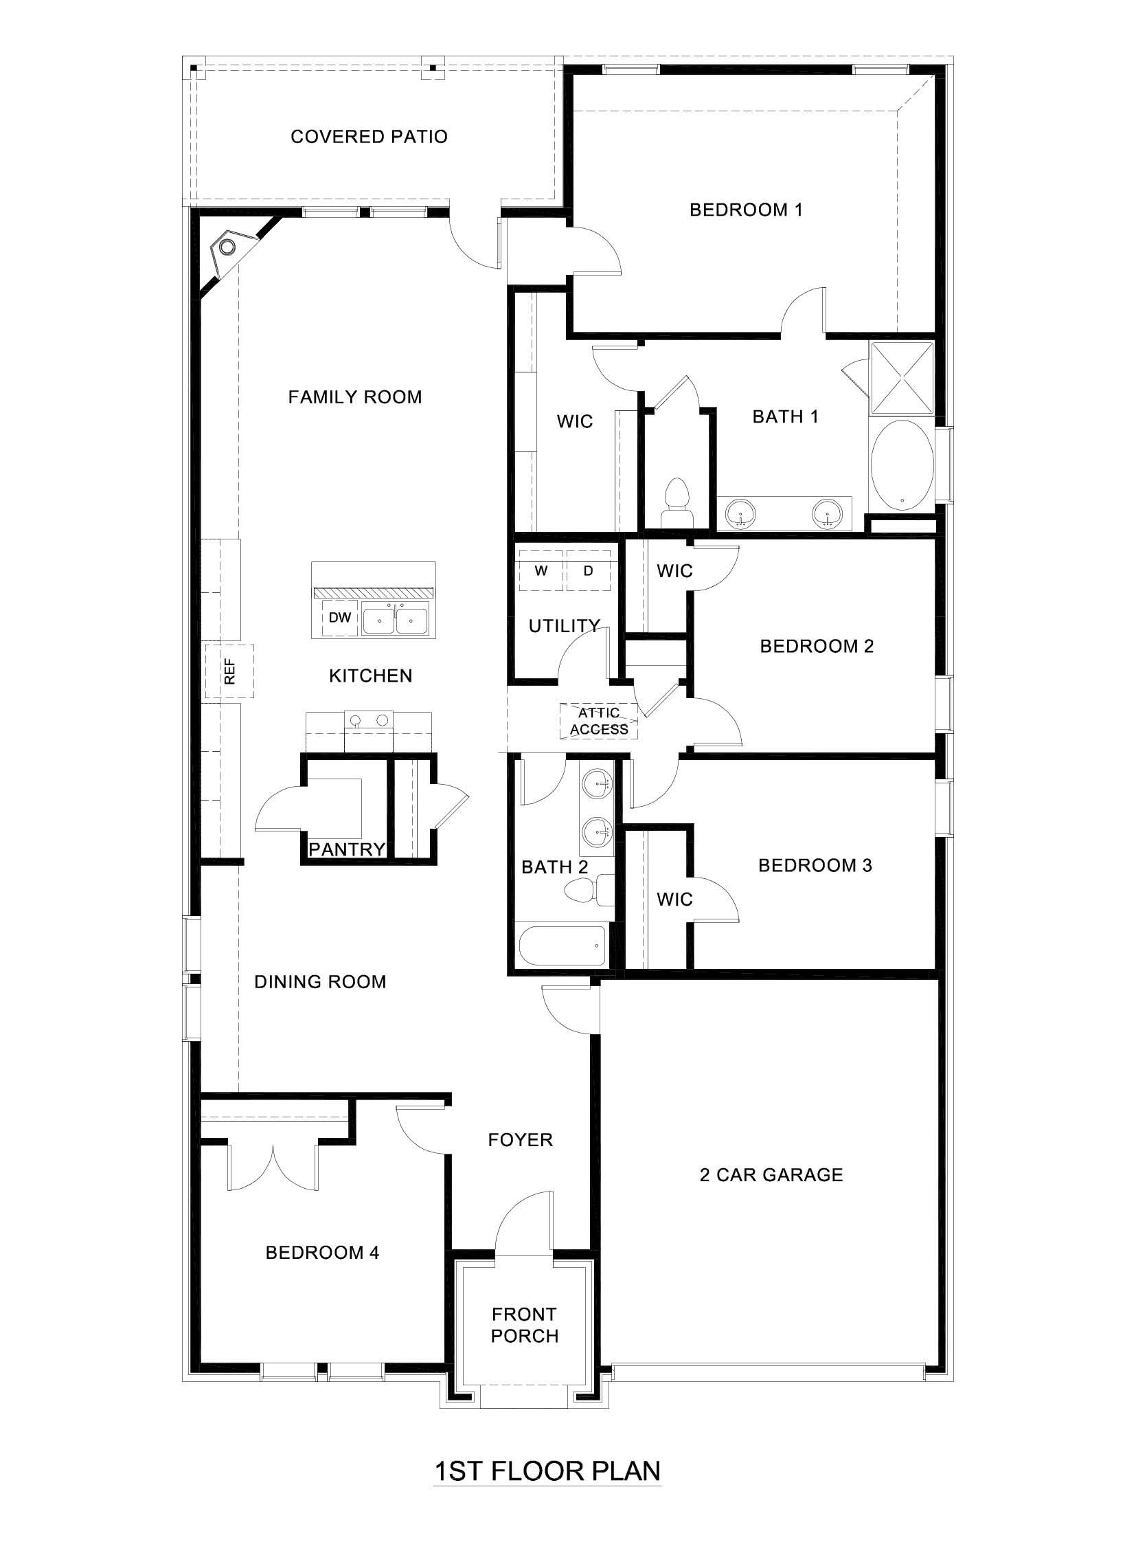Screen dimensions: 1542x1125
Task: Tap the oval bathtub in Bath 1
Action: point(902,464)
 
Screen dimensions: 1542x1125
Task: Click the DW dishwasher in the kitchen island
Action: point(339,617)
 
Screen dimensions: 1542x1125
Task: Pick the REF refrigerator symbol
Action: point(229,671)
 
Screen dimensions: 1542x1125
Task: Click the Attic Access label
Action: point(599,721)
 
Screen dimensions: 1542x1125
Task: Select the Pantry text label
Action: point(346,849)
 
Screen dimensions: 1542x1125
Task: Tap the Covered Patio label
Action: point(369,137)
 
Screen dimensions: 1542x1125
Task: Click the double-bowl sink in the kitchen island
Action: point(395,620)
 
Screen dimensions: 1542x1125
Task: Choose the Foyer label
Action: point(520,1140)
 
